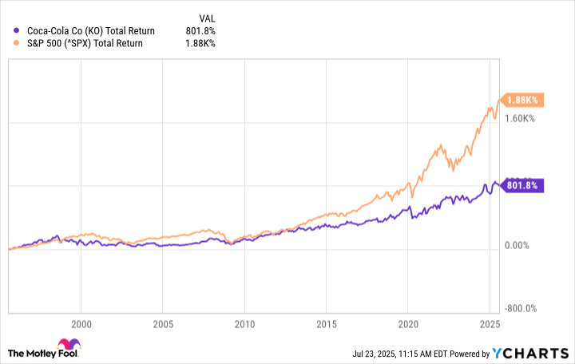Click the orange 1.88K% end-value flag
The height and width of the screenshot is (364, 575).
click(521, 100)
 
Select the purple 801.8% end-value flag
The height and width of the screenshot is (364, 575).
click(521, 185)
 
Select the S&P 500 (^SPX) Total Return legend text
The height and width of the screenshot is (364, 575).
click(85, 43)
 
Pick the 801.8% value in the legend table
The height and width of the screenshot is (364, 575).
click(199, 30)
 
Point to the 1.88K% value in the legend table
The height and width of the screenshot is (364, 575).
click(199, 43)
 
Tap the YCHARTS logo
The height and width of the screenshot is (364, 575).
click(536, 352)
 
